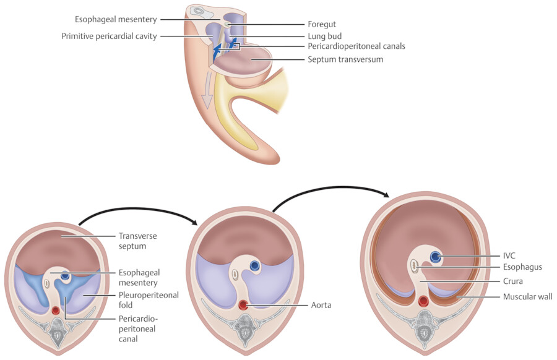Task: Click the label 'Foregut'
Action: pos(322,24)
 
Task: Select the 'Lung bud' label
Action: pos(324,36)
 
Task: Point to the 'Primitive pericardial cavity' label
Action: pos(110,36)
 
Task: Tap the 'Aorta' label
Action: pos(322,305)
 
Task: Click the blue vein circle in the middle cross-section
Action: pos(254,265)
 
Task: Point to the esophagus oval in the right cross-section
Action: pos(415,267)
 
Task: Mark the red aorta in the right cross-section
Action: pos(424,302)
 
